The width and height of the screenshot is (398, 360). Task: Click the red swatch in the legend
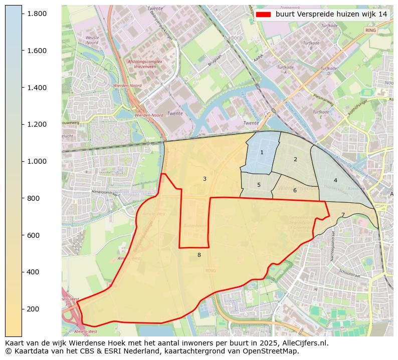pyautogui.click(x=263, y=15)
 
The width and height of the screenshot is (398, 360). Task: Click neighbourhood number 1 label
pyautogui.click(x=262, y=152)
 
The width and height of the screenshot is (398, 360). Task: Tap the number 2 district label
pyautogui.click(x=295, y=159)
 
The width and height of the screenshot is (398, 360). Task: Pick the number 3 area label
pyautogui.click(x=205, y=179)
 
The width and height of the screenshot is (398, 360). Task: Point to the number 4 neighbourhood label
pyautogui.click(x=335, y=180)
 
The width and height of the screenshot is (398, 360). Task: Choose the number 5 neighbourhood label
pyautogui.click(x=259, y=185)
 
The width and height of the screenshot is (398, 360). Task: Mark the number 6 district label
pyautogui.click(x=295, y=190)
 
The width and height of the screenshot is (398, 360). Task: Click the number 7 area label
pyautogui.click(x=343, y=215)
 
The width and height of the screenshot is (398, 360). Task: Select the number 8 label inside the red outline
pyautogui.click(x=199, y=255)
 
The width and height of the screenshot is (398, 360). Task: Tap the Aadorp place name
pyautogui.click(x=234, y=38)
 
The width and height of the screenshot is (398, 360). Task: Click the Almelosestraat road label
pyautogui.click(x=104, y=192)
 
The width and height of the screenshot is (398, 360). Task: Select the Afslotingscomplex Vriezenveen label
pyautogui.click(x=145, y=64)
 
